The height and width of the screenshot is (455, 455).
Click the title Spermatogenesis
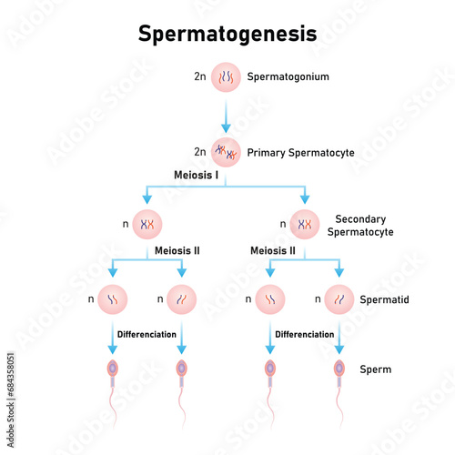tap(227, 34)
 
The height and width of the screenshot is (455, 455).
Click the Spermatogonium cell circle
tap(227, 77)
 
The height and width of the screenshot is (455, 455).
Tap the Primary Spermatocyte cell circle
tap(227, 152)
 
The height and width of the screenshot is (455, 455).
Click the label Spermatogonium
tap(287, 77)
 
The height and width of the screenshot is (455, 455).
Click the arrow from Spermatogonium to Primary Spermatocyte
tap(227, 116)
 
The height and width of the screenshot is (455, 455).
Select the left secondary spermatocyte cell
tap(147, 223)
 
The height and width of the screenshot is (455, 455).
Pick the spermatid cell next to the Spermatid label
tap(339, 298)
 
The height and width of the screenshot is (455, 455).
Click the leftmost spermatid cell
tap(114, 298)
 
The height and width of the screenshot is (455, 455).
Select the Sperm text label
tap(376, 369)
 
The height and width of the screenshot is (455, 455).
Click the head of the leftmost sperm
tap(114, 369)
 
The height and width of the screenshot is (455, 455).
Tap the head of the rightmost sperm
tap(339, 369)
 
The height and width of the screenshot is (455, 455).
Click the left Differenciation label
tap(147, 334)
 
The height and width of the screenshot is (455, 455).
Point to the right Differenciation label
tap(305, 334)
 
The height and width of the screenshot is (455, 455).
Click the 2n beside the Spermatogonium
tap(200, 77)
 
